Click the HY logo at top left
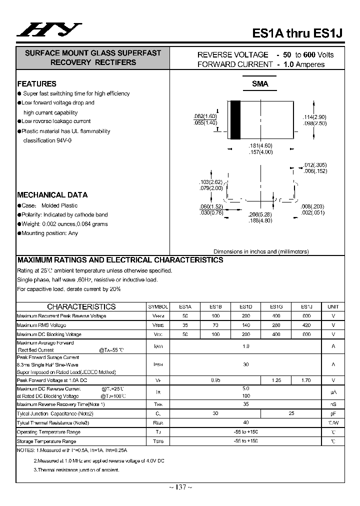[49, 30]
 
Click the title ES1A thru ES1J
[298, 33]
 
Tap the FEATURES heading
[37, 84]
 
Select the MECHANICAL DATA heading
[52, 195]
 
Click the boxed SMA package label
[260, 84]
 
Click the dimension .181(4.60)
[260, 145]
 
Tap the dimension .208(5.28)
[260, 214]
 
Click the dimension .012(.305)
[315, 165]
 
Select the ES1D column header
[245, 306]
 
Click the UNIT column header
[333, 306]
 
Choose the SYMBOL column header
[158, 306]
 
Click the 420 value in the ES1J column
[306, 325]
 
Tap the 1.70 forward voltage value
[306, 380]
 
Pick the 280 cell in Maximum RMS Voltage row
[276, 325]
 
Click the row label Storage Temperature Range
[46, 441]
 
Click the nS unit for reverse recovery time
[333, 404]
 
